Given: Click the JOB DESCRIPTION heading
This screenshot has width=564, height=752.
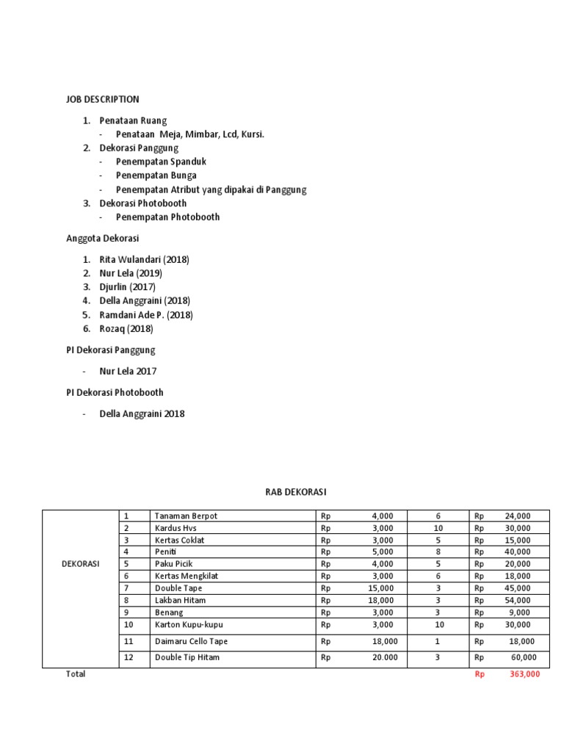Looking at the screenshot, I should pyautogui.click(x=102, y=99).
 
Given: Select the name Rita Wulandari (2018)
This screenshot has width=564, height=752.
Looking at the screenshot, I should pyautogui.click(x=145, y=259).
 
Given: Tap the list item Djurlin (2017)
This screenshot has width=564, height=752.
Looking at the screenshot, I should pyautogui.click(x=128, y=287).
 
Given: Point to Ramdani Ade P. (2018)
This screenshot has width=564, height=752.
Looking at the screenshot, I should pyautogui.click(x=146, y=315).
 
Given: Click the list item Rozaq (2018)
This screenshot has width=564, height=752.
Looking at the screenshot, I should pyautogui.click(x=126, y=329).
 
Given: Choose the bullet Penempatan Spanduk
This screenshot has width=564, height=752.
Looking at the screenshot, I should pyautogui.click(x=161, y=162).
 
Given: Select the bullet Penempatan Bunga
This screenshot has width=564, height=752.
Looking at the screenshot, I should pyautogui.click(x=156, y=176).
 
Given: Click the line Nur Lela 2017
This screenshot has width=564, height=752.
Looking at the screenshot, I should pyautogui.click(x=128, y=371).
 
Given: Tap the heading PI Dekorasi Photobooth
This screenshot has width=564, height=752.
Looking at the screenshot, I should pyautogui.click(x=115, y=392).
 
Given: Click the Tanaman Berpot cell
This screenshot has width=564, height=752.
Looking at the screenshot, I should pyautogui.click(x=186, y=516).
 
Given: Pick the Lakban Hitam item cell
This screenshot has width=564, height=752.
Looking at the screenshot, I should pyautogui.click(x=180, y=601).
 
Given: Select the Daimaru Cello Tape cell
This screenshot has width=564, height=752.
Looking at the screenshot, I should pyautogui.click(x=191, y=642).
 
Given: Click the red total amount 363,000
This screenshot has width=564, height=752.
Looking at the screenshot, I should pyautogui.click(x=525, y=674).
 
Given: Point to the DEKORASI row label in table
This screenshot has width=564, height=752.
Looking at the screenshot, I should pyautogui.click(x=80, y=564).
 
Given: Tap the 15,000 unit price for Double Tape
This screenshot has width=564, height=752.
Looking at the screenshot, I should pyautogui.click(x=380, y=588).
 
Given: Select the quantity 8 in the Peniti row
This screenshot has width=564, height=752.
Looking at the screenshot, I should pyautogui.click(x=438, y=552).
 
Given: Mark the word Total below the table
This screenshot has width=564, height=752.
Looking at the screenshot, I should pyautogui.click(x=76, y=674).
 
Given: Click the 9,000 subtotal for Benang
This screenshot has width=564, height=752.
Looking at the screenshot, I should pyautogui.click(x=519, y=612).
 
